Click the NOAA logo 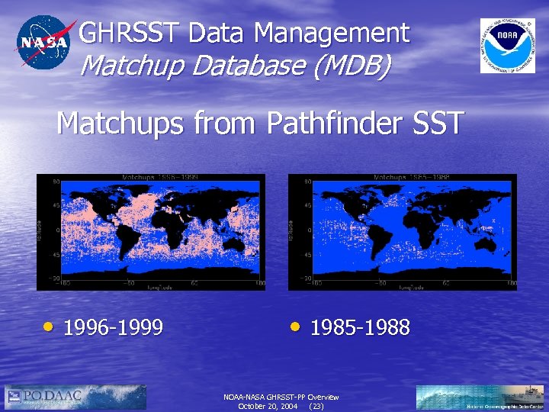[507, 45]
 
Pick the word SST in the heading [438, 123]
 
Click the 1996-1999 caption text [114, 328]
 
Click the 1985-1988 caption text [361, 328]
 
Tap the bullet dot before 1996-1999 [48, 327]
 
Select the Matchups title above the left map [161, 177]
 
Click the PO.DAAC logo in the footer [75, 397]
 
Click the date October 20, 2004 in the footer [268, 407]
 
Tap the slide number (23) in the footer [316, 407]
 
